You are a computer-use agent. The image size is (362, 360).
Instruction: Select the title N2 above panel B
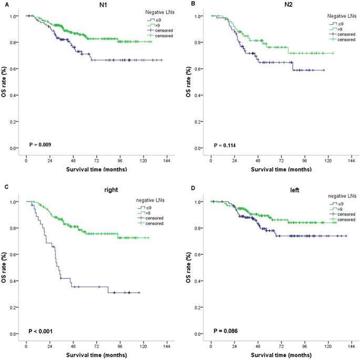tap(281, 4)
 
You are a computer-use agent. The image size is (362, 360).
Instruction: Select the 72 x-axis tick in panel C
tap(97, 343)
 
